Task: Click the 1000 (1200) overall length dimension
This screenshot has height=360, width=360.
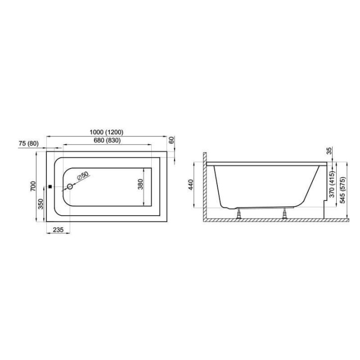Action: point(106,132)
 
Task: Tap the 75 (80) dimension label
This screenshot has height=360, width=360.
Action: point(28,144)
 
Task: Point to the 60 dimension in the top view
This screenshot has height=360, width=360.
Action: point(172,141)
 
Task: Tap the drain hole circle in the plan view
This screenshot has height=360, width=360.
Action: point(69,187)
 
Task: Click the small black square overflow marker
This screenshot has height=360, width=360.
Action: point(51,187)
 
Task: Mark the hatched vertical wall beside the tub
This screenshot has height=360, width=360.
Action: point(204,184)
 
